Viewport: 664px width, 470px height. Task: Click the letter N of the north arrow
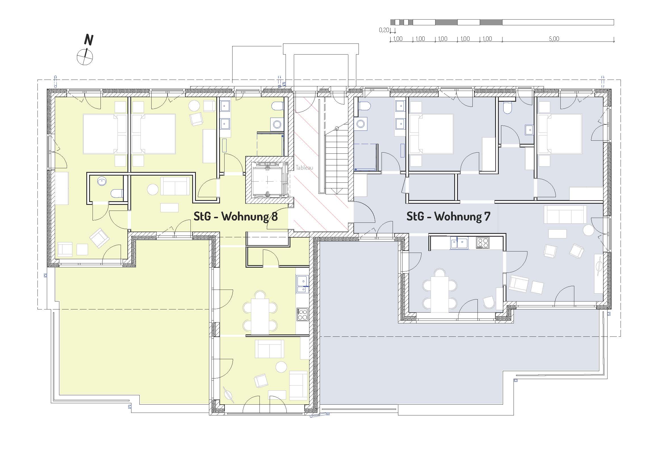click(x=89, y=40)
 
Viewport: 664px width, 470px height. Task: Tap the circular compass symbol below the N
click(x=85, y=57)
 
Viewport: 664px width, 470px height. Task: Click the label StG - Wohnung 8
click(x=235, y=217)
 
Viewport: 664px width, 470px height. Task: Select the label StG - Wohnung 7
click(x=448, y=217)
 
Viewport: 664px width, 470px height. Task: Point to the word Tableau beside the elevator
click(x=304, y=168)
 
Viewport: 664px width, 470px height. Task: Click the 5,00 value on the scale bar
click(x=554, y=39)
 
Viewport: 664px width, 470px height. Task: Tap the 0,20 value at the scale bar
click(x=384, y=30)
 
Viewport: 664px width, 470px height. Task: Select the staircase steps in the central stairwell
click(x=337, y=158)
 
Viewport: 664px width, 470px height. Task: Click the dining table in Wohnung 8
click(x=260, y=316)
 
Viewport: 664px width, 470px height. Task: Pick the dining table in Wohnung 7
click(x=439, y=294)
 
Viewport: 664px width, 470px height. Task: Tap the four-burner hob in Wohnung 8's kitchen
click(x=303, y=314)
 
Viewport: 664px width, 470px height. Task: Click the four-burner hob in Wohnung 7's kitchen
click(x=483, y=243)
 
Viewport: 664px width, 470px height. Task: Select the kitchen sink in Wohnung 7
click(x=459, y=243)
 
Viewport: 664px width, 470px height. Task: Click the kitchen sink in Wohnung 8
click(x=302, y=284)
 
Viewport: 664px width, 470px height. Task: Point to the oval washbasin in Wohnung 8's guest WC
click(x=102, y=182)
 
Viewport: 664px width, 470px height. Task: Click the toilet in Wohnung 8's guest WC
click(x=117, y=193)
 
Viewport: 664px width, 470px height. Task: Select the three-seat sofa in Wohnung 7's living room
click(x=565, y=215)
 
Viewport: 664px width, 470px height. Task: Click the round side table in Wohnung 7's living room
click(x=588, y=230)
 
